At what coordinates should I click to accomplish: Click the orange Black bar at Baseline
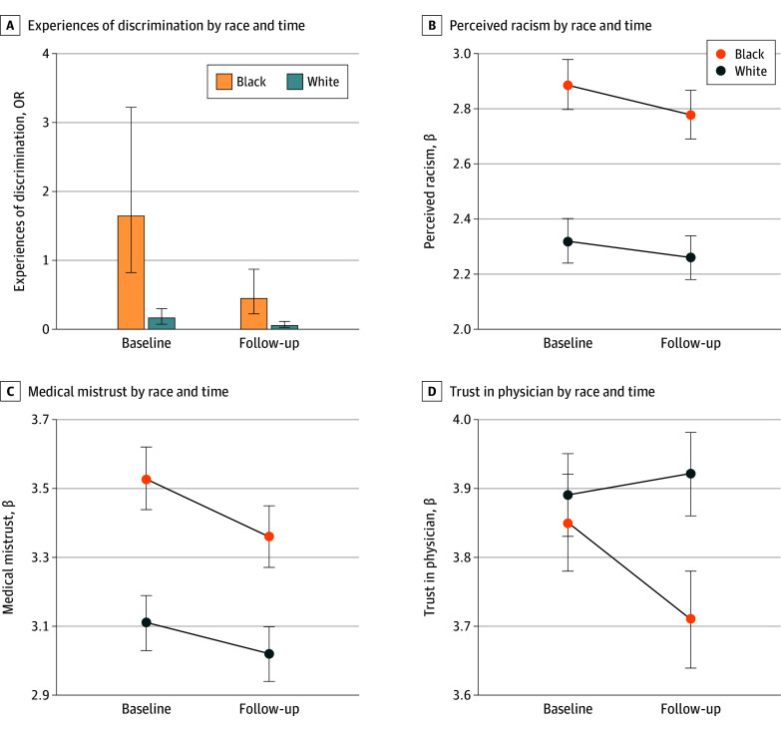tap(131, 271)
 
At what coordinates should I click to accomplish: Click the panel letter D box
tap(431, 391)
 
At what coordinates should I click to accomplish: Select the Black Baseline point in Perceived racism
tap(568, 86)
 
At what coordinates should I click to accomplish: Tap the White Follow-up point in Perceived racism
tap(690, 257)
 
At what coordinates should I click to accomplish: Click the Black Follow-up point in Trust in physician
tap(690, 619)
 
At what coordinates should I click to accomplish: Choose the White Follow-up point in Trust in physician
tap(690, 474)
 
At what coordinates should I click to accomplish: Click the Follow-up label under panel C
tap(269, 709)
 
